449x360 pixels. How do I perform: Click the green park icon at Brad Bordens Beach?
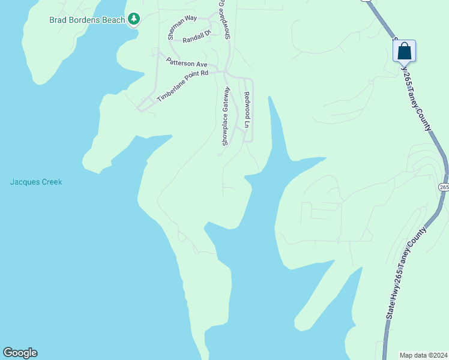tap(134, 20)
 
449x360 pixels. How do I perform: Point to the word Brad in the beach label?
tap(58, 20)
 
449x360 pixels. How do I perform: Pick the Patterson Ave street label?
tap(187, 62)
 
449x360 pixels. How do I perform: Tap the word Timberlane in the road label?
tap(173, 89)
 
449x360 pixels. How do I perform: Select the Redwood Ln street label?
tap(247, 110)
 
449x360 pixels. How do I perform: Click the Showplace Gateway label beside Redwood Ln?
tap(226, 116)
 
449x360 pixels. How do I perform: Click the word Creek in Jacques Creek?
tap(52, 182)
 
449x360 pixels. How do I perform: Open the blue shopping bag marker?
tap(405, 51)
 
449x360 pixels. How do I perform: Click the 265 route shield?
tap(444, 188)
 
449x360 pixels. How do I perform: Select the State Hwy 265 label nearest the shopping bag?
tap(418, 90)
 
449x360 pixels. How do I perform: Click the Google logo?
tap(20, 353)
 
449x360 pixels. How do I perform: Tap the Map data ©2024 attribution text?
tap(424, 355)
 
